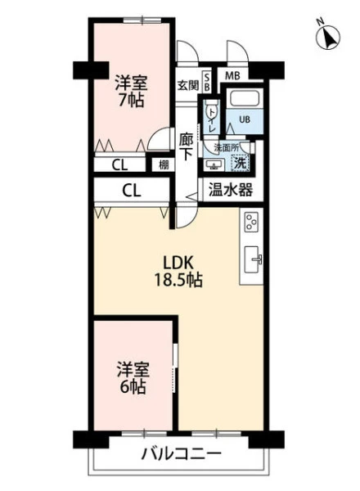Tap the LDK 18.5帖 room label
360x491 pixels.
[178, 272]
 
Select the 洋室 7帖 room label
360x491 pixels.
[131, 92]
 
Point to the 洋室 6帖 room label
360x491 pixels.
[133, 377]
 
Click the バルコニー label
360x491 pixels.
[182, 453]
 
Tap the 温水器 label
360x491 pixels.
[231, 189]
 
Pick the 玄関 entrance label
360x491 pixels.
[188, 85]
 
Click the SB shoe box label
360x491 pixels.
[207, 83]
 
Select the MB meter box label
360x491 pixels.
[232, 75]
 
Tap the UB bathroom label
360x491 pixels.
[245, 119]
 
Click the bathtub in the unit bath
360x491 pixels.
[245, 97]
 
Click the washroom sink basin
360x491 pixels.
[214, 164]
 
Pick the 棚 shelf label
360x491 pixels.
[164, 165]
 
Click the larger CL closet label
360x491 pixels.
[132, 190]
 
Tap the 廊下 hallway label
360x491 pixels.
[186, 146]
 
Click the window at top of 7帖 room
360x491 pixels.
[142, 20]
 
